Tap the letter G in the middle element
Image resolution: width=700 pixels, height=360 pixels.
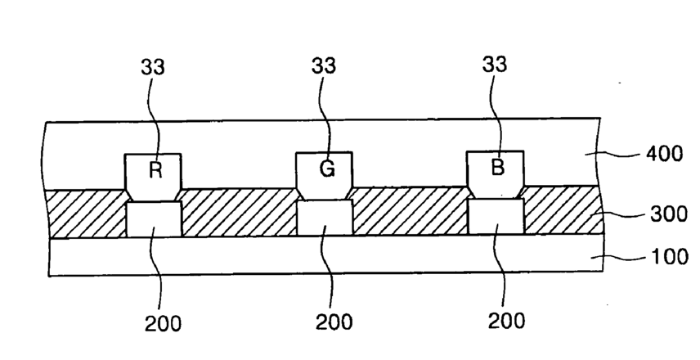[325, 172]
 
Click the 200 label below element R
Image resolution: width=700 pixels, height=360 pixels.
[163, 322]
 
